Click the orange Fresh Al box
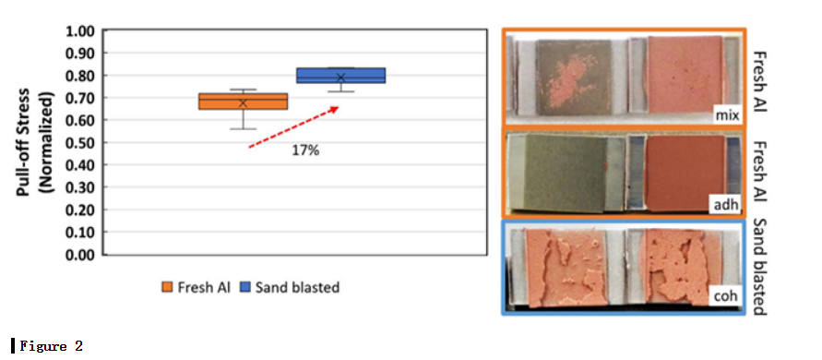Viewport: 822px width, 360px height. [x=243, y=102]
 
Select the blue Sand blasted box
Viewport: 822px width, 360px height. [x=340, y=75]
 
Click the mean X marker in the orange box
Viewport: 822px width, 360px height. [x=243, y=102]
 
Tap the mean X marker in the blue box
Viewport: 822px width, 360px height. [x=340, y=78]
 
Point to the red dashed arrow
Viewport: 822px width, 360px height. [x=293, y=127]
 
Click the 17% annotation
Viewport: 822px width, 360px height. [x=305, y=151]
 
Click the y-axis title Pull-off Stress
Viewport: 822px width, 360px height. [x=25, y=142]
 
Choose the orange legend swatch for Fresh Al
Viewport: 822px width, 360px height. [x=167, y=288]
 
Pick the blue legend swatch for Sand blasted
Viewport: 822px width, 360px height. [x=244, y=288]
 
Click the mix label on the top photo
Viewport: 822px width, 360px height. [x=727, y=115]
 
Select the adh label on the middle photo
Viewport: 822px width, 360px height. [x=727, y=205]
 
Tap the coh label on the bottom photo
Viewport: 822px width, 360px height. [x=727, y=296]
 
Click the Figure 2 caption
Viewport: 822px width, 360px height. [x=51, y=346]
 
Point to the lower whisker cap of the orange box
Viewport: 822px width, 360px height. [x=243, y=128]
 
